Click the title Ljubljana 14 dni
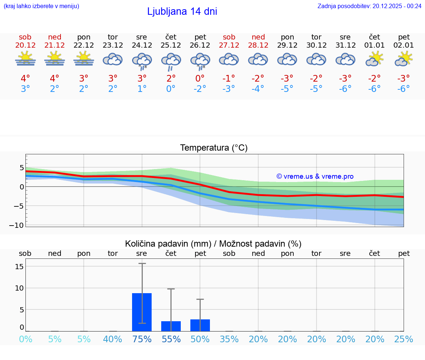[x=182, y=11]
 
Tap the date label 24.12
[x=142, y=45]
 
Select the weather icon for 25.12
[x=171, y=61]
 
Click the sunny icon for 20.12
[x=25, y=59]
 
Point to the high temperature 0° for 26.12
[x=200, y=79]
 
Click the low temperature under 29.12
[x=287, y=89]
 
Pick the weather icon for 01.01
[x=374, y=59]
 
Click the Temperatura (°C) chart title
[x=214, y=148]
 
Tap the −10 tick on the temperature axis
[x=19, y=225]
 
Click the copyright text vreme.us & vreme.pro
[x=315, y=176]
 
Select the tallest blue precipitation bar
[x=142, y=312]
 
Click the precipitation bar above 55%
[x=171, y=326]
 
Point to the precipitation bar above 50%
[x=200, y=325]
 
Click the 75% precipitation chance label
[x=142, y=339]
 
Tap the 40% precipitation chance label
[x=113, y=339]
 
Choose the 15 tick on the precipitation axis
[x=20, y=267]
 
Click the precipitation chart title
[x=213, y=244]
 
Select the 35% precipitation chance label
[x=229, y=339]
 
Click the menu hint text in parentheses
[x=41, y=6]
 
